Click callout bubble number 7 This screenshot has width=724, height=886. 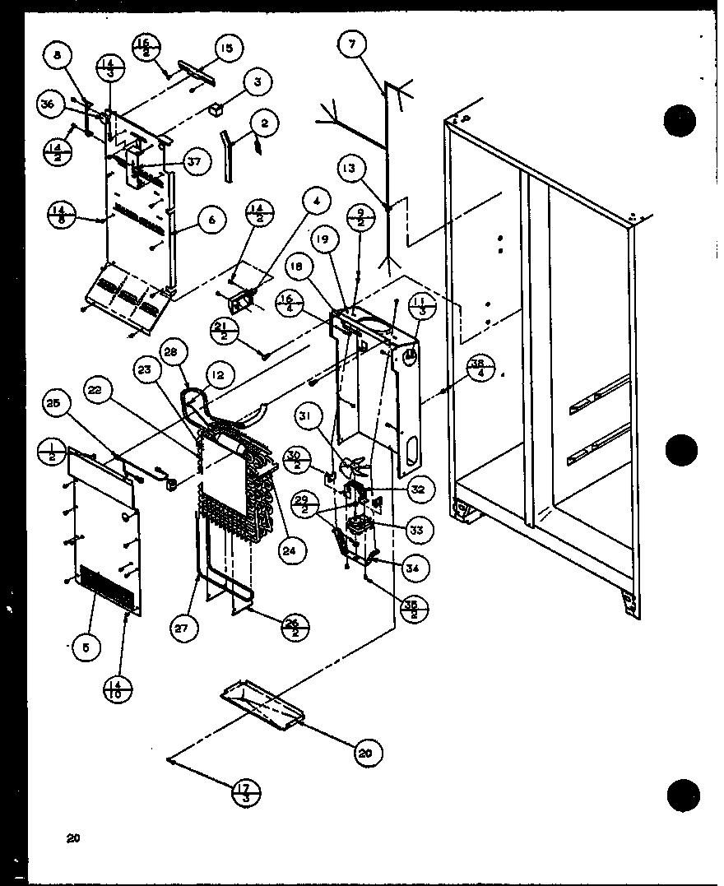[x=352, y=45]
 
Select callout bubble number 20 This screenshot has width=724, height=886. [x=364, y=751]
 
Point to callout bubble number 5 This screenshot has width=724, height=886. [x=86, y=647]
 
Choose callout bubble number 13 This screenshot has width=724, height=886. [x=350, y=168]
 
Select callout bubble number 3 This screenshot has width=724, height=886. [x=258, y=82]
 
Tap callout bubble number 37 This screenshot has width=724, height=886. [x=194, y=163]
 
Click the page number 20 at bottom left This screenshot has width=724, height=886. [x=73, y=839]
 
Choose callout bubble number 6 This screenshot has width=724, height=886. [x=212, y=220]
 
